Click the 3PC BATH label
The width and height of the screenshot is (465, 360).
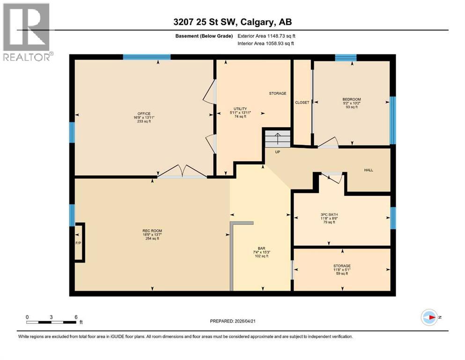pyautogui.click(x=329, y=214)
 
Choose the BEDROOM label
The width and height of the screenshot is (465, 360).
pyautogui.click(x=351, y=99)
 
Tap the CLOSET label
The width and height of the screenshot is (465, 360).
pyautogui.click(x=302, y=103)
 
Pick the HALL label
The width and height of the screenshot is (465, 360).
pyautogui.click(x=369, y=170)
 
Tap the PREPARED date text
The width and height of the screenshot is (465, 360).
pyautogui.click(x=232, y=321)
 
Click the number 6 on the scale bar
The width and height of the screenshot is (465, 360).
pyautogui.click(x=76, y=317)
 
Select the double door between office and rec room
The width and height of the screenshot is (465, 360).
pyautogui.click(x=182, y=172)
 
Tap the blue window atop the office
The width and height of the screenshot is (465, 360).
pyautogui.click(x=146, y=57)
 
